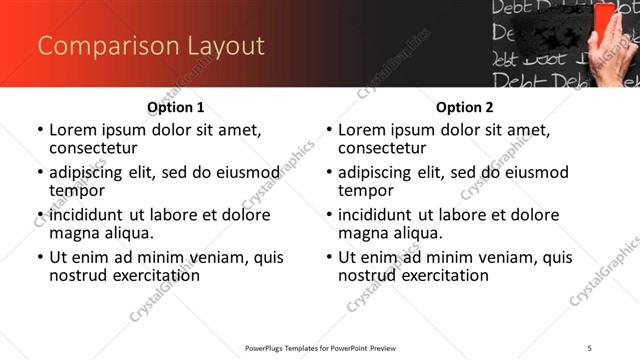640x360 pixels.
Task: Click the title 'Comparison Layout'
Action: click(x=151, y=46)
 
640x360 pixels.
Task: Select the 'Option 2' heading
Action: click(x=464, y=107)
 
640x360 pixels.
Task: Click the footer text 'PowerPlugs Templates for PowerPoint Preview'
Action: click(x=320, y=347)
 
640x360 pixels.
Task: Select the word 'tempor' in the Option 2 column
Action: click(x=363, y=190)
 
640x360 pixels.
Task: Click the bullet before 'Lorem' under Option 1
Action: click(x=39, y=130)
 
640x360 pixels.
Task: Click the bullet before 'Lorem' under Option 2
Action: click(x=328, y=130)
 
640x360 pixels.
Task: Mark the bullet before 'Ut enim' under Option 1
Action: click(x=39, y=257)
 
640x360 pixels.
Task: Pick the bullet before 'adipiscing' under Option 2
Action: click(x=328, y=172)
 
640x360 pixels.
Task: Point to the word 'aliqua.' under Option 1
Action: click(x=127, y=233)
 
